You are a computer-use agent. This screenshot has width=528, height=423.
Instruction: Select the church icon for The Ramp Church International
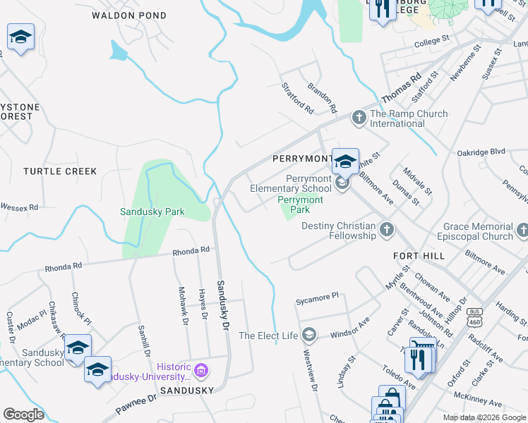point(359,116)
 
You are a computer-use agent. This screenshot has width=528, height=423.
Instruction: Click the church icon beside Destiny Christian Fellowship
point(386,229)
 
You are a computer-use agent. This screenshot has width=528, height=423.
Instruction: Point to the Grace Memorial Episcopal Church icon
point(522,230)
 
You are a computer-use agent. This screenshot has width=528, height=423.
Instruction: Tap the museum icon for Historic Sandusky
point(202,370)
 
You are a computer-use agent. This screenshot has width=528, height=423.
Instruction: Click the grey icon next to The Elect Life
point(308,334)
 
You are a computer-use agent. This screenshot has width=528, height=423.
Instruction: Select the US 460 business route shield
point(475,315)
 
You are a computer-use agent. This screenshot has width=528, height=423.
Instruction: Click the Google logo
point(23,414)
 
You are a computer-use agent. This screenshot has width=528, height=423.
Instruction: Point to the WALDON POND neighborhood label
point(129,15)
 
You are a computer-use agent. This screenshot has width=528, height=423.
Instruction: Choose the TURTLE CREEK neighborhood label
point(60,171)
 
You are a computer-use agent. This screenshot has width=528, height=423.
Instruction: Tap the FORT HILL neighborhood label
point(419,255)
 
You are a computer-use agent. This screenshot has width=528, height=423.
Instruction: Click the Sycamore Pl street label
point(317,300)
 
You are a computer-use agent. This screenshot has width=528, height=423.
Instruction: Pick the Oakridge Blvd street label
point(481,152)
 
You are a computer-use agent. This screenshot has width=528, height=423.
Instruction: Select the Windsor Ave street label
point(350,327)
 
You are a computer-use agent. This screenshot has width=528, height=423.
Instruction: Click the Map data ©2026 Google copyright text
point(484,417)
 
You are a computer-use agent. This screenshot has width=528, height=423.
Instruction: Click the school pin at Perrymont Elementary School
point(345,161)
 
